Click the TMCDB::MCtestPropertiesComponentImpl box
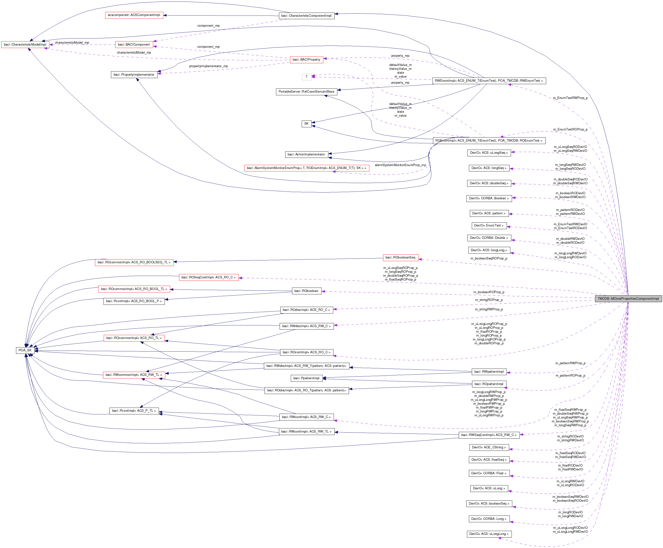[628, 299]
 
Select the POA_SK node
[25, 350]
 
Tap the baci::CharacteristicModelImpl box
[25, 45]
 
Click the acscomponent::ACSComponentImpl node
[134, 15]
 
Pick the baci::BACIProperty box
[306, 60]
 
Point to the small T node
[306, 77]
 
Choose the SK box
[306, 123]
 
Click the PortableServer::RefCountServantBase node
[306, 92]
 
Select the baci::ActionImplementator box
[306, 154]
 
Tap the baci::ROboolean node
[306, 291]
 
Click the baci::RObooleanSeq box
[400, 258]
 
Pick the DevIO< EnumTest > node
[489, 226]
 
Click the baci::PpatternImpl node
[306, 378]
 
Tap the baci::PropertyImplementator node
[134, 75]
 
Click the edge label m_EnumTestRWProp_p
[570, 98]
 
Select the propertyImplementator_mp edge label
[208, 66]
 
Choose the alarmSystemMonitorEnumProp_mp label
[400, 165]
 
